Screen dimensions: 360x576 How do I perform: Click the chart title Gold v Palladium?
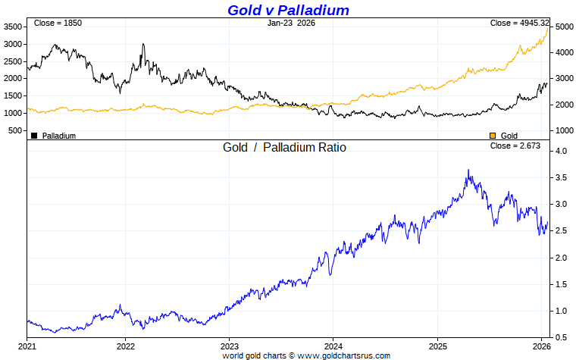click(289, 10)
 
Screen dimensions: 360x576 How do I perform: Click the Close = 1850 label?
click(58, 23)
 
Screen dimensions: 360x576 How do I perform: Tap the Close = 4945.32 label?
click(518, 23)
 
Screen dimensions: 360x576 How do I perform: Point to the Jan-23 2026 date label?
click(292, 23)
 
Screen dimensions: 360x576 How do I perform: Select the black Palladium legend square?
click(34, 136)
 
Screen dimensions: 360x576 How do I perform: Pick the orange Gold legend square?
click(492, 136)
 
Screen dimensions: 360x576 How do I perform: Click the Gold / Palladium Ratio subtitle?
click(284, 148)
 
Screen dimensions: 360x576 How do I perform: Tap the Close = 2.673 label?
click(515, 146)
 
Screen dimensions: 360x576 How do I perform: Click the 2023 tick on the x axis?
click(230, 346)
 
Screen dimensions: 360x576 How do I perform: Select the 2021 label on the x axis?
click(27, 346)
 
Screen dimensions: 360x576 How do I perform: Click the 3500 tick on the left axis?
click(14, 27)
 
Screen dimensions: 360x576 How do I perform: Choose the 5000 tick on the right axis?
click(563, 27)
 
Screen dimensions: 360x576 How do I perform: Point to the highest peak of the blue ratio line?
click(468, 170)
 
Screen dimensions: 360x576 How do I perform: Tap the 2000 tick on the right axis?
click(563, 105)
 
